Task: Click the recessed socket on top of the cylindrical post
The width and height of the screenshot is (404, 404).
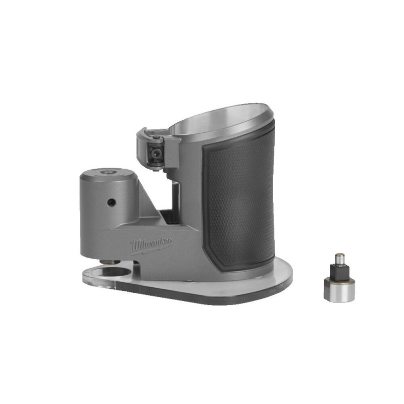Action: pos(107,173)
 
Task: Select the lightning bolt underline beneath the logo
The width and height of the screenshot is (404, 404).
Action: pos(151,249)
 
